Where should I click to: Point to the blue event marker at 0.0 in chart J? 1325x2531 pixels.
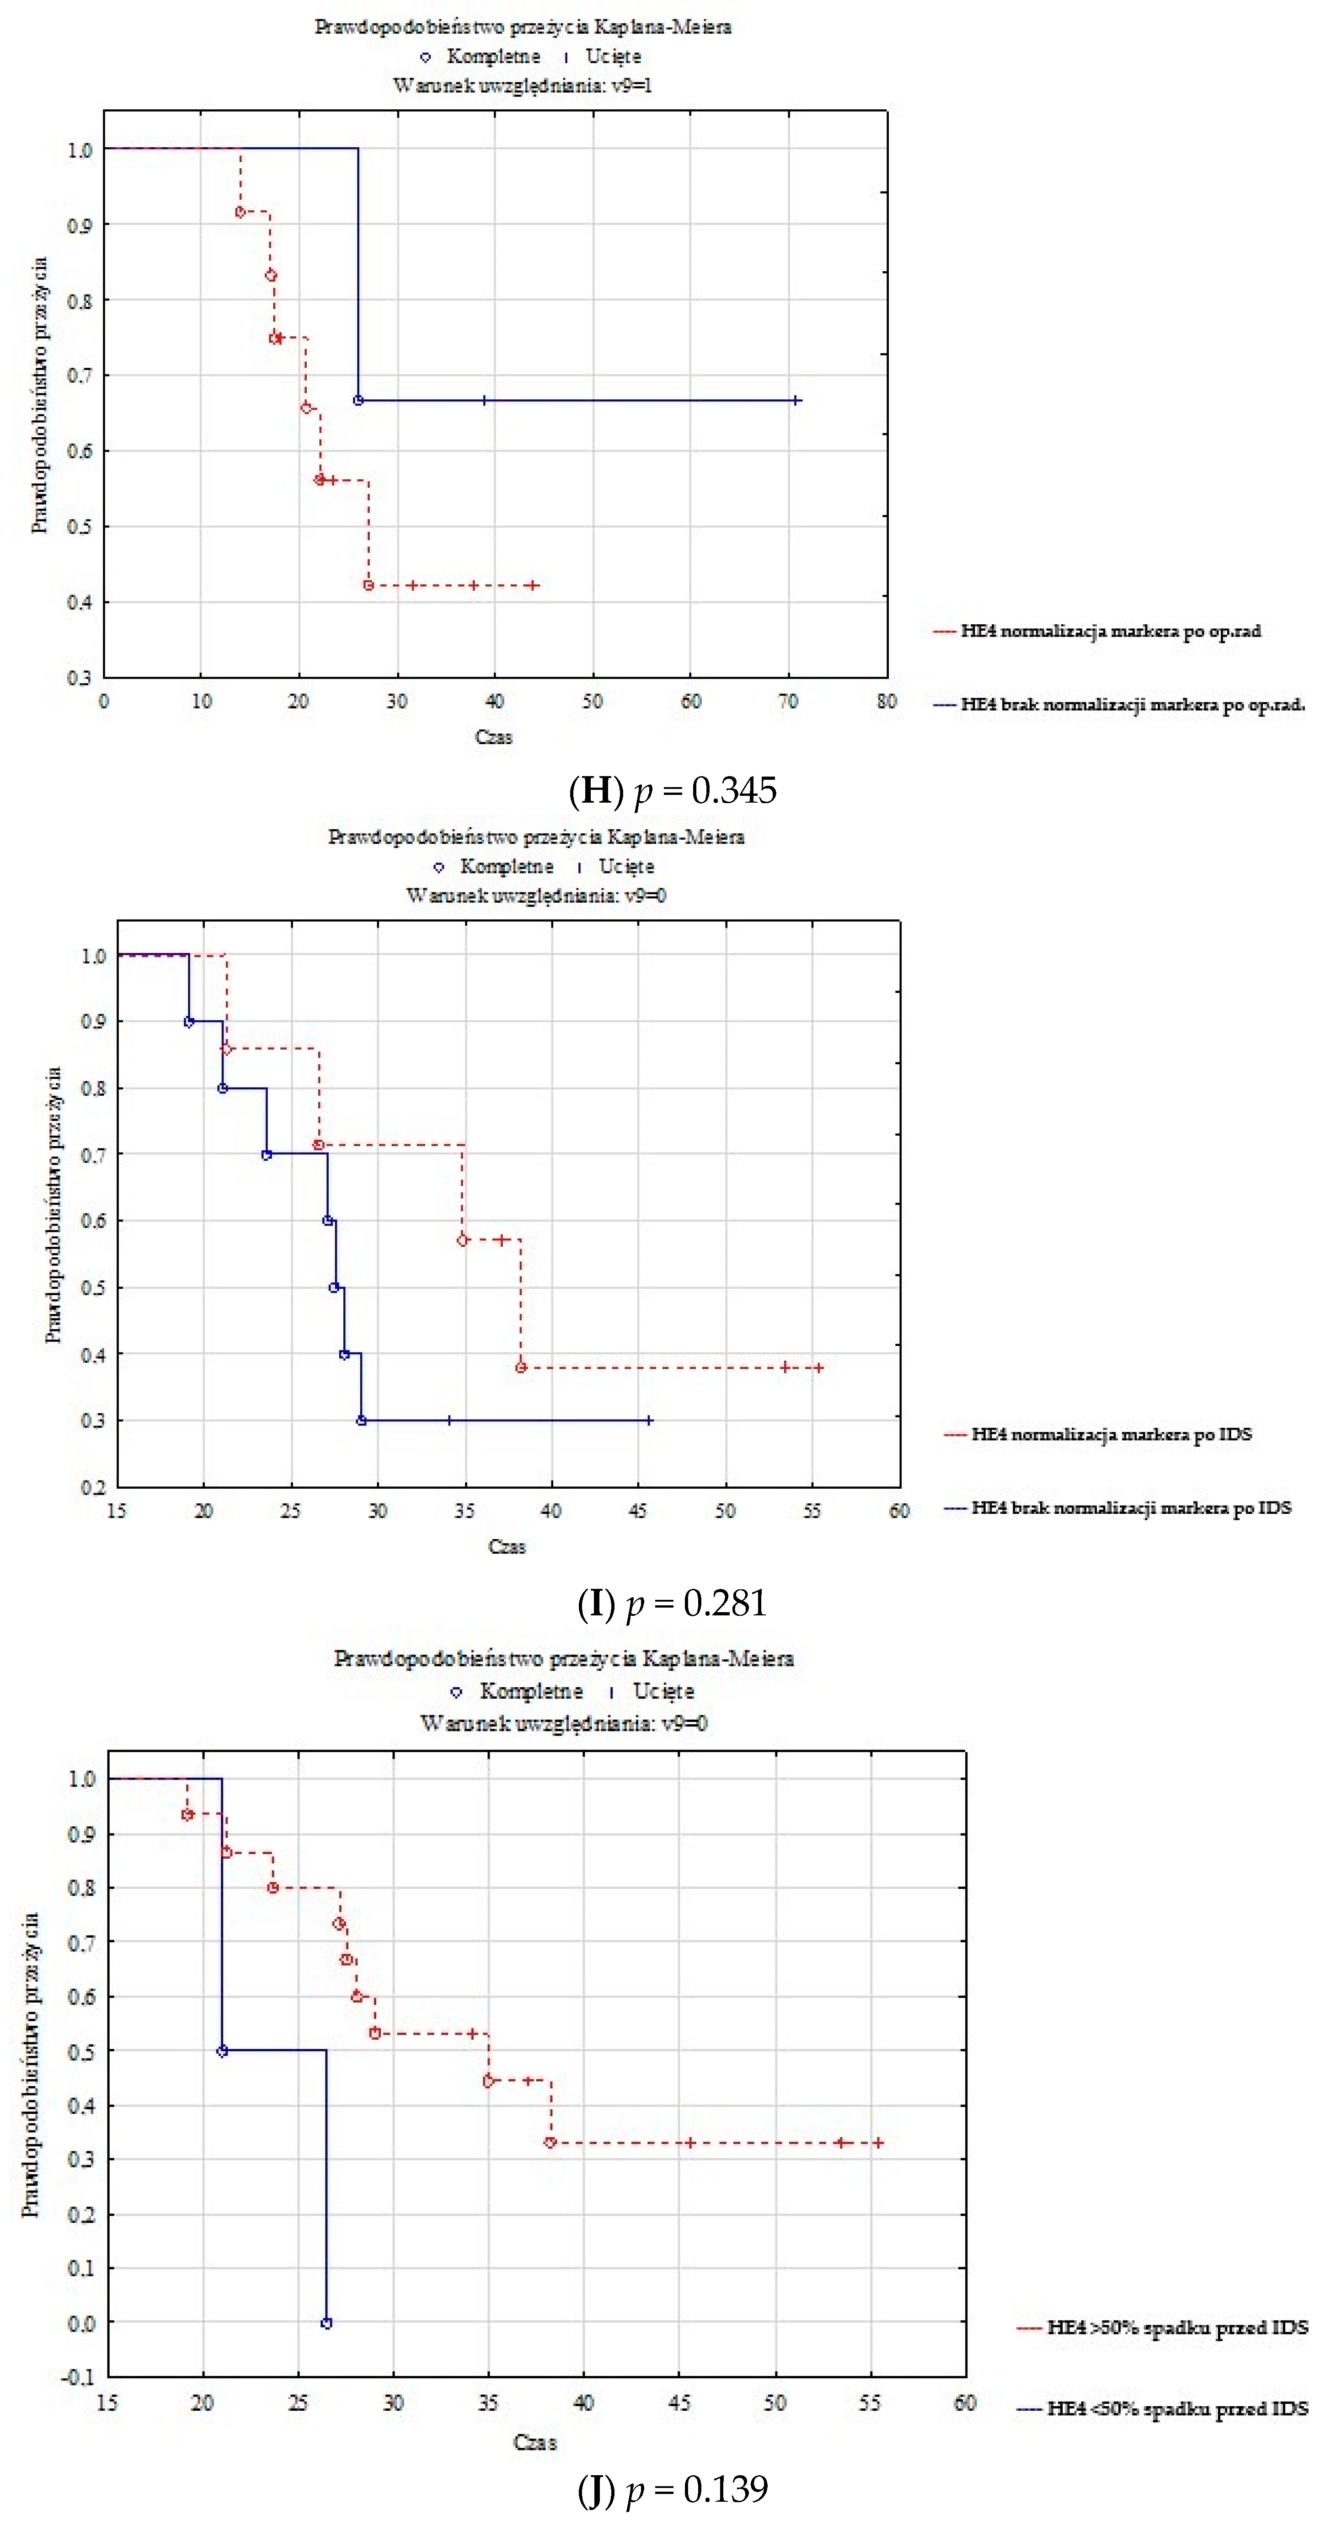click(x=326, y=2323)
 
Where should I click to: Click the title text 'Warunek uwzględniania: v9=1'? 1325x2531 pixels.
click(x=523, y=86)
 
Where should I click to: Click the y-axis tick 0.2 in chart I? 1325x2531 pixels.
click(x=93, y=1486)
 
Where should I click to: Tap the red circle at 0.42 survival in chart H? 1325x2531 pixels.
click(x=369, y=585)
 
